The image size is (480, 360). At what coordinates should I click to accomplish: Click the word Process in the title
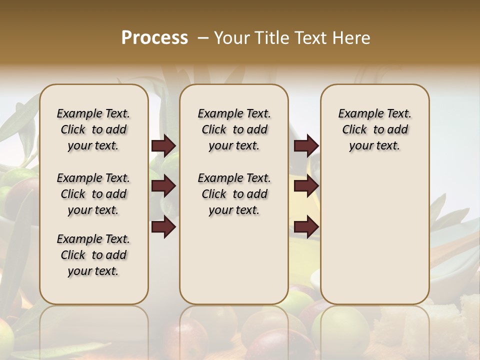(x=154, y=38)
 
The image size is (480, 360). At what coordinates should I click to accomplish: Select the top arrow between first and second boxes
(x=163, y=146)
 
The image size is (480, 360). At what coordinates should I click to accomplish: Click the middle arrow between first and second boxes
(x=163, y=186)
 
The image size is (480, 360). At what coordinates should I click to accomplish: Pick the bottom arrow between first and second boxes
(x=163, y=226)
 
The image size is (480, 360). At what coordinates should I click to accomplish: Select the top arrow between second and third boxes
(x=306, y=146)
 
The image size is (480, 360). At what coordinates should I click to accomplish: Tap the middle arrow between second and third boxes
(x=306, y=186)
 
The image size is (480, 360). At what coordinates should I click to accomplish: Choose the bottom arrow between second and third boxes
(x=306, y=226)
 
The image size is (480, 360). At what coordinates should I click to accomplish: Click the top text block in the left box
(x=93, y=129)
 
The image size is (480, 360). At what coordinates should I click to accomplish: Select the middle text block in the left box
(x=93, y=194)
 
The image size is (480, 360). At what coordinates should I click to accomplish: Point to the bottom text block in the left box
(x=93, y=255)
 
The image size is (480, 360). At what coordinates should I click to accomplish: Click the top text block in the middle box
(x=234, y=129)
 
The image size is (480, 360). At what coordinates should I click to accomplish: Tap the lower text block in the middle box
(x=234, y=194)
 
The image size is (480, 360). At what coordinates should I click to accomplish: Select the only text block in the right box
(x=374, y=129)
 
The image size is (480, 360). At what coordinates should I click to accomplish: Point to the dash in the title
(x=202, y=38)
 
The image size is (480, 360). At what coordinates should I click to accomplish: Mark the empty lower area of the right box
(x=374, y=235)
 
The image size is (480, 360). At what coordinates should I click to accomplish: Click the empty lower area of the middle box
(x=234, y=260)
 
